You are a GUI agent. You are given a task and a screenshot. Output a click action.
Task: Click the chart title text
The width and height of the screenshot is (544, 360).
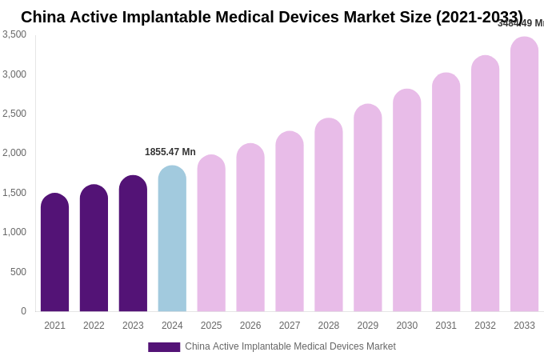(272, 17)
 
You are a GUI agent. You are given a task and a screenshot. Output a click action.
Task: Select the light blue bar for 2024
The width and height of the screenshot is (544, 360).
(172, 240)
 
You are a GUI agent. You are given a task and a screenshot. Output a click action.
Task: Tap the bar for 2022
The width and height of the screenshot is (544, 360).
(94, 249)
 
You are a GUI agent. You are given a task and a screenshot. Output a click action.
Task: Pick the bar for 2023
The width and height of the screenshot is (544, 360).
(133, 244)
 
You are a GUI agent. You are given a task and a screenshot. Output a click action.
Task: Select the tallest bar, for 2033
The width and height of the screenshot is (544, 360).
(524, 176)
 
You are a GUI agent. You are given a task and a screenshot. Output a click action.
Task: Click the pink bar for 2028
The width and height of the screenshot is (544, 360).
(328, 216)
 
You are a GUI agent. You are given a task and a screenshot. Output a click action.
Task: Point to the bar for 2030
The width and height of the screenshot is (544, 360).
(406, 201)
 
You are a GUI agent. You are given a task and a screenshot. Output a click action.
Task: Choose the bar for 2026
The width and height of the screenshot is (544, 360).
(250, 228)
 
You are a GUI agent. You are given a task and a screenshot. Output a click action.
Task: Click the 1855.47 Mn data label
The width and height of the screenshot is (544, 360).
(170, 152)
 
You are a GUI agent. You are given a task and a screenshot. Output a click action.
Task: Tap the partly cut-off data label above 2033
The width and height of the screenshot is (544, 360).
(521, 23)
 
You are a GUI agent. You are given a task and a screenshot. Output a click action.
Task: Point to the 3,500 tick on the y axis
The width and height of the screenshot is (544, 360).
(14, 34)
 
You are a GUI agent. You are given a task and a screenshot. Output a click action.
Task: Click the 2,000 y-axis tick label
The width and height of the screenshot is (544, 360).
(14, 153)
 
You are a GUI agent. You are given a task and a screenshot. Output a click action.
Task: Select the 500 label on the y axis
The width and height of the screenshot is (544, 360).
(18, 272)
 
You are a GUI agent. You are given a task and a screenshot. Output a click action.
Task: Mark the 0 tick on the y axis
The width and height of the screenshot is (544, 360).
(23, 311)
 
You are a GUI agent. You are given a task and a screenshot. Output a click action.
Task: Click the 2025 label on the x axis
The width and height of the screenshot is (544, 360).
(211, 326)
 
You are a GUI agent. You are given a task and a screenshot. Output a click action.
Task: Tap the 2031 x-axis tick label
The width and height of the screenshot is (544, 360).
(446, 326)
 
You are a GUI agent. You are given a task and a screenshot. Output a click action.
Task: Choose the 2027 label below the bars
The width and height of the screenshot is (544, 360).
(290, 326)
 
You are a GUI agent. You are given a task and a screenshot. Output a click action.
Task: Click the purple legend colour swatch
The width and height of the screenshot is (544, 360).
(164, 347)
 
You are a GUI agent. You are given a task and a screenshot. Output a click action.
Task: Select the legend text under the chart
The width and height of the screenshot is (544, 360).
(290, 346)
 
